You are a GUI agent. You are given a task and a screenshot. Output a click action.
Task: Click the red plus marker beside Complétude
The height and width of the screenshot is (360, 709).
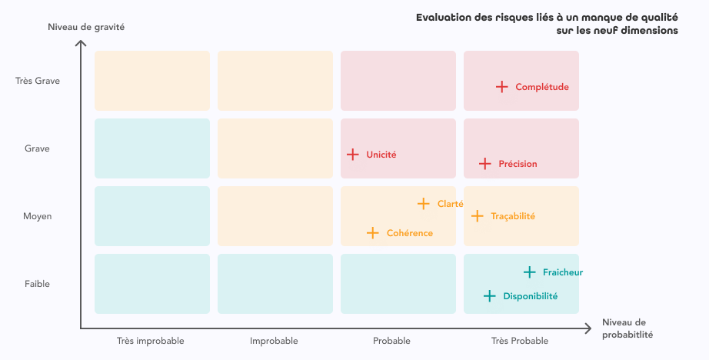(x=502, y=87)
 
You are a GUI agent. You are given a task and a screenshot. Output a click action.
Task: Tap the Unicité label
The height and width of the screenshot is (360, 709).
(x=381, y=155)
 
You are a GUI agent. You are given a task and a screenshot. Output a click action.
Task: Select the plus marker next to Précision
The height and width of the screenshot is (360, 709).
(x=485, y=164)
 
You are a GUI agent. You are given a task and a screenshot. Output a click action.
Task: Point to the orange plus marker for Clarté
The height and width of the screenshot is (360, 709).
(x=423, y=204)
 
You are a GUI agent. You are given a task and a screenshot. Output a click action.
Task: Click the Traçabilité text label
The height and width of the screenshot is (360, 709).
(x=513, y=216)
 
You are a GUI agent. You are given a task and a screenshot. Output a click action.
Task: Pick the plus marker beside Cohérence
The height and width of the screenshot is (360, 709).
(x=373, y=233)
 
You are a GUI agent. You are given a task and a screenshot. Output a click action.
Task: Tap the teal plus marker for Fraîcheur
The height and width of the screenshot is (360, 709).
(x=530, y=272)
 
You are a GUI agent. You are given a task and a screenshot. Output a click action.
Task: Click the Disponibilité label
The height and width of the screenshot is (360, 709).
(x=531, y=296)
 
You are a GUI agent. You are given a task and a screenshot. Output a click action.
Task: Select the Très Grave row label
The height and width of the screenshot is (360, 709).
(x=38, y=81)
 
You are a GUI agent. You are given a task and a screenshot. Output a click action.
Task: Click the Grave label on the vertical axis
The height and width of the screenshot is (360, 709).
(x=37, y=148)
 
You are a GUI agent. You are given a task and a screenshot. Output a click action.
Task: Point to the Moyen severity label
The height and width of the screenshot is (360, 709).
(x=38, y=216)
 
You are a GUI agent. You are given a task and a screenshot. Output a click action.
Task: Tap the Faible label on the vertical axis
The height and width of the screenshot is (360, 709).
(x=37, y=284)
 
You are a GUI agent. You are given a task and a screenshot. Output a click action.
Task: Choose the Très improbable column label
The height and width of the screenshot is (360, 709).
(x=151, y=341)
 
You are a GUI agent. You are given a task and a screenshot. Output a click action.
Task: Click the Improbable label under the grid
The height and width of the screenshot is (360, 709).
(x=274, y=341)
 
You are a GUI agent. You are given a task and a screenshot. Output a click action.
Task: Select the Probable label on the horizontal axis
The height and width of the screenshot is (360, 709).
(x=391, y=341)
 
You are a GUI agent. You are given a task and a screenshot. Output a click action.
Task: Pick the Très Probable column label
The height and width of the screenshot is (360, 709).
(x=520, y=341)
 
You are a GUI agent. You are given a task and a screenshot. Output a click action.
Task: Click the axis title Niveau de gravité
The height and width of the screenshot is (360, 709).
(x=86, y=27)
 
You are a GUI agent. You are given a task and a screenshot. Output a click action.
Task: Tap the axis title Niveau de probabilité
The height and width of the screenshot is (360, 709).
(x=627, y=328)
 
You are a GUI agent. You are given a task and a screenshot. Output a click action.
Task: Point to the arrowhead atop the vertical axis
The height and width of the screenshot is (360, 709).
(x=80, y=43)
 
